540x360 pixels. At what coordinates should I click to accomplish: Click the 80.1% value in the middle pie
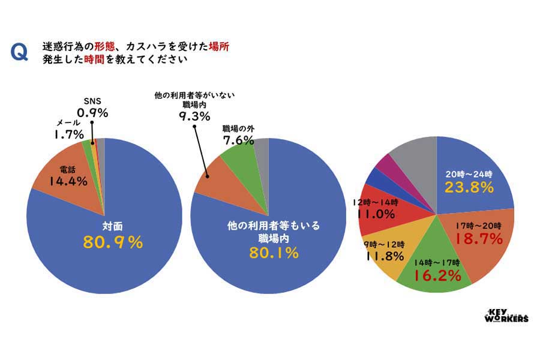tap(274, 253)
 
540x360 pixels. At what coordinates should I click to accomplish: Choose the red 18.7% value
tap(478, 239)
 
